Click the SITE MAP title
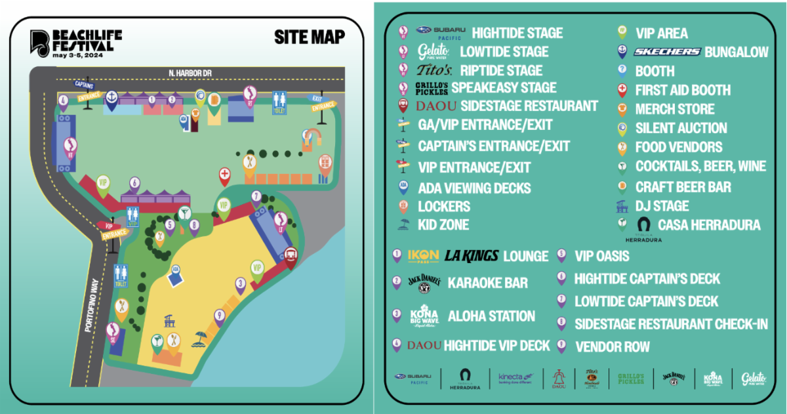310,37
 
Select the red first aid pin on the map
224,176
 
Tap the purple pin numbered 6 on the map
134,184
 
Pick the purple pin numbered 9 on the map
219,316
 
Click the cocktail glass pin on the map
184,213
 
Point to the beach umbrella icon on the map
199,339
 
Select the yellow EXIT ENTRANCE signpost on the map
323,105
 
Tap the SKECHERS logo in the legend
667,52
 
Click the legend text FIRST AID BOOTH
682,90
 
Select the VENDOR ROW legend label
612,346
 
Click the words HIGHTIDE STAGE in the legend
517,33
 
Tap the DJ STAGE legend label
662,205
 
